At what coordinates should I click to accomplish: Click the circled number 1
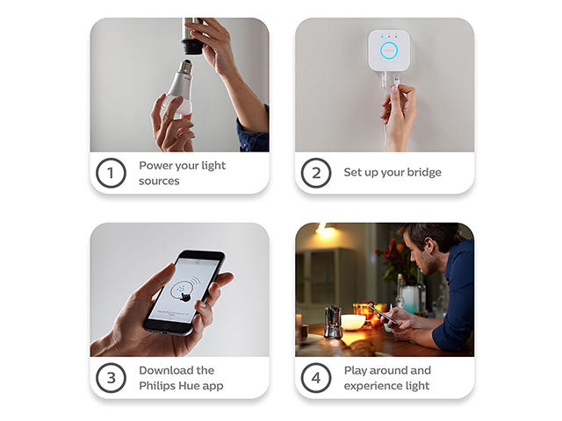click(111, 173)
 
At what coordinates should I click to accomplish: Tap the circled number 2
click(316, 173)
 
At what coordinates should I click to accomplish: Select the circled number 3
click(111, 378)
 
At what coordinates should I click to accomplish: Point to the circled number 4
click(316, 378)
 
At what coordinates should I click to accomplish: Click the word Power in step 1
click(154, 166)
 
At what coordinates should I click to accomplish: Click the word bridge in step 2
click(424, 172)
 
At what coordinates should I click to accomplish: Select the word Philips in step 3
click(155, 386)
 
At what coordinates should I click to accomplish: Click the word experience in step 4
click(368, 386)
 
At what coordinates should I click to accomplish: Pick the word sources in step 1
click(159, 182)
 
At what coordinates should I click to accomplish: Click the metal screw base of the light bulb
click(185, 67)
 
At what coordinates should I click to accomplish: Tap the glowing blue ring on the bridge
click(389, 51)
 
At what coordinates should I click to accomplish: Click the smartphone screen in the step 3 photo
click(184, 289)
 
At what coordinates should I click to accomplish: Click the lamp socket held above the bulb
click(192, 37)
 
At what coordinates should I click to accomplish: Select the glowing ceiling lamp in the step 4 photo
click(325, 230)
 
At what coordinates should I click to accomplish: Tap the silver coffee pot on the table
click(333, 322)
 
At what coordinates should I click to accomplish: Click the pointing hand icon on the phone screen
click(186, 296)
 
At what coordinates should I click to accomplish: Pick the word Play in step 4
click(355, 371)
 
